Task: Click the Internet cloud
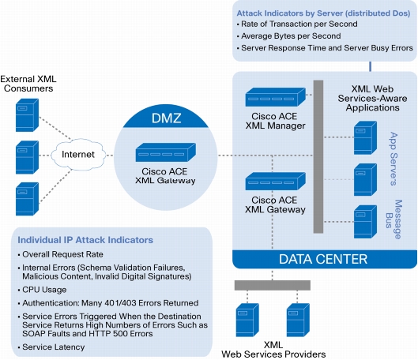coord(78,155)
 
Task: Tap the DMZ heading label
coord(167,118)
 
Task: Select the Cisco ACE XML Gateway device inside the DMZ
coord(166,152)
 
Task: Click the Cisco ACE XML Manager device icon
coord(276,97)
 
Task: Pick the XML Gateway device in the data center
coord(276,181)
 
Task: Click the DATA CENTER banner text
coord(323,259)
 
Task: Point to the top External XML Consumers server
coord(27,115)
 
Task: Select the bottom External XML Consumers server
coord(27,199)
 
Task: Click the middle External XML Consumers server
coord(27,157)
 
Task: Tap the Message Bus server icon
coord(365,222)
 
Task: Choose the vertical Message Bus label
coord(394,219)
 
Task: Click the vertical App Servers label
coord(394,159)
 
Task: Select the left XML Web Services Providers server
coord(247,320)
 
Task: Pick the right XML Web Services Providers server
coord(298,320)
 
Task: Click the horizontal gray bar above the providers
coord(273,285)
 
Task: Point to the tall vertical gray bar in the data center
coord(318,156)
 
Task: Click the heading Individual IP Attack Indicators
coord(85,240)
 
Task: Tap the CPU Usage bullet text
coord(44,290)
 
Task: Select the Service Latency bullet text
coord(53,347)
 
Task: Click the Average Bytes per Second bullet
coord(291,36)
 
